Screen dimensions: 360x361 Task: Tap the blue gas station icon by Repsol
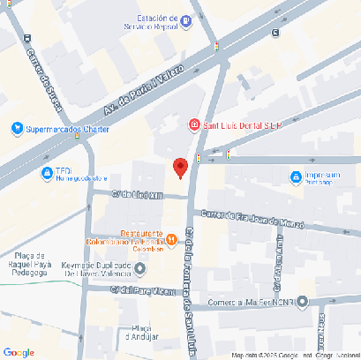[x=184, y=20]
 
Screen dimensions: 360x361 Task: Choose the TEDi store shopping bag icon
[x=46, y=172]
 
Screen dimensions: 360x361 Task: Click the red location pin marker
[x=180, y=167]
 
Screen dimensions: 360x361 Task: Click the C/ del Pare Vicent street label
[x=138, y=289]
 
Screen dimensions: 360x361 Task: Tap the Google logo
[x=19, y=352]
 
